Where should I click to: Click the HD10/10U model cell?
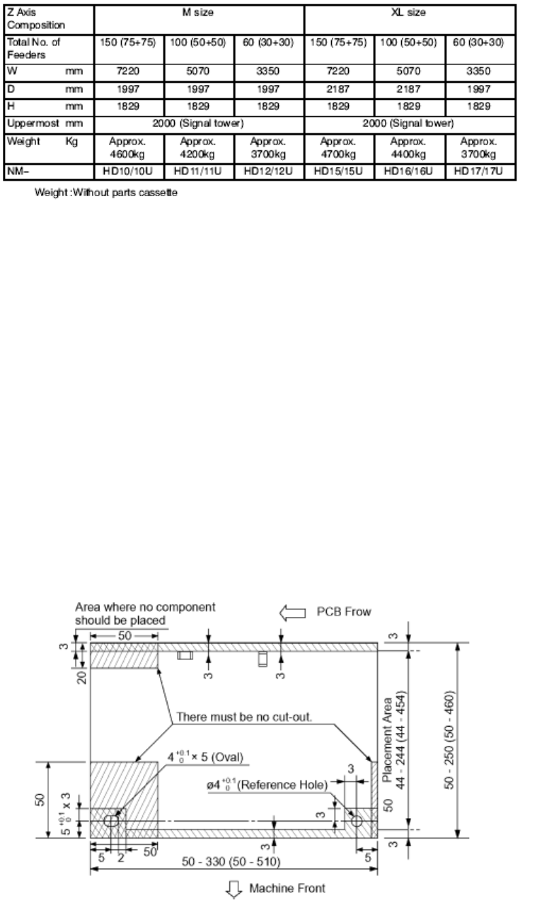(129, 171)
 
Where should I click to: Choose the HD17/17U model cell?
(480, 171)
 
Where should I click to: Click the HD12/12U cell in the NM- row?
(269, 171)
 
